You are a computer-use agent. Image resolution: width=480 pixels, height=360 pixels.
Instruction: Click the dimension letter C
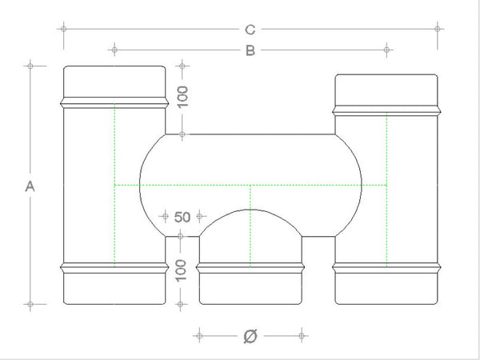click(x=250, y=30)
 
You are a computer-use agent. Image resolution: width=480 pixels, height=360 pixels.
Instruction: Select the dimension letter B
click(x=250, y=51)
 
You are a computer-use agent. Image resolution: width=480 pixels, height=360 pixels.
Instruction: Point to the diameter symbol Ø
click(x=249, y=336)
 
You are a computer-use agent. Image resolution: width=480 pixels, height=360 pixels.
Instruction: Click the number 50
click(x=182, y=216)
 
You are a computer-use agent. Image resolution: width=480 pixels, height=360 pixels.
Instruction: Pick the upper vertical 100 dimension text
click(x=182, y=98)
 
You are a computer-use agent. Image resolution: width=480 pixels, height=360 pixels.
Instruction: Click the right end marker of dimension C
click(x=438, y=29)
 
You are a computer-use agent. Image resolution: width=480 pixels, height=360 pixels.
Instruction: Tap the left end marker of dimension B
click(x=114, y=50)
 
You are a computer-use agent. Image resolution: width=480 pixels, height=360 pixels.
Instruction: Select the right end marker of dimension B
click(x=387, y=50)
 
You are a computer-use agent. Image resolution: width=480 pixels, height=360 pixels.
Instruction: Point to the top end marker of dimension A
click(x=30, y=65)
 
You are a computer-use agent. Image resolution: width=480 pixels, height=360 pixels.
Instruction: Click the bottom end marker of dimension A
click(x=30, y=304)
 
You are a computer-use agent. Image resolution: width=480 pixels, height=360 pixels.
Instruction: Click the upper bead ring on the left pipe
click(x=114, y=102)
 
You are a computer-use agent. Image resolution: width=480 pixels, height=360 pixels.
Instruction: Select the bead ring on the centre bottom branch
click(x=250, y=266)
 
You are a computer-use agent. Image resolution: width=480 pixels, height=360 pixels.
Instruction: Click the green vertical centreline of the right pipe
click(x=387, y=192)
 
